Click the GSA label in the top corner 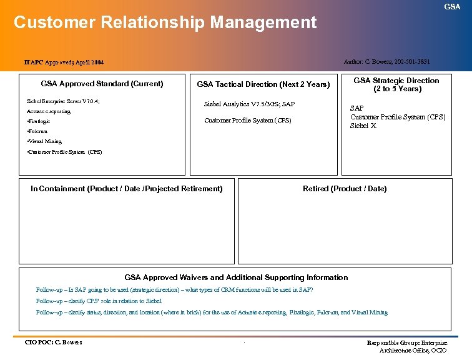(x=452, y=6)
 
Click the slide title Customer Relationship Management (x=165, y=22)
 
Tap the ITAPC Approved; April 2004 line (x=64, y=62)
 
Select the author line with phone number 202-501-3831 (x=386, y=61)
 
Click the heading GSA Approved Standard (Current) (x=102, y=84)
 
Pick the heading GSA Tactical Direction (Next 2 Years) (x=263, y=84)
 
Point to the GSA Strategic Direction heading (x=396, y=84)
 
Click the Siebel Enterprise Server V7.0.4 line (x=63, y=101)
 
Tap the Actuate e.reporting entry (x=49, y=111)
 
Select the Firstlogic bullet (x=39, y=121)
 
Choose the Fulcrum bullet (x=37, y=131)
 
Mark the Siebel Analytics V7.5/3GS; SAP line (x=249, y=104)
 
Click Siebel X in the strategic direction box (x=363, y=126)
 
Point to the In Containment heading (x=126, y=189)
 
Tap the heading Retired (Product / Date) (x=345, y=189)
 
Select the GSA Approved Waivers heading (x=236, y=277)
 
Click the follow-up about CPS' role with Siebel (x=99, y=301)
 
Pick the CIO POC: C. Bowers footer (x=53, y=342)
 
